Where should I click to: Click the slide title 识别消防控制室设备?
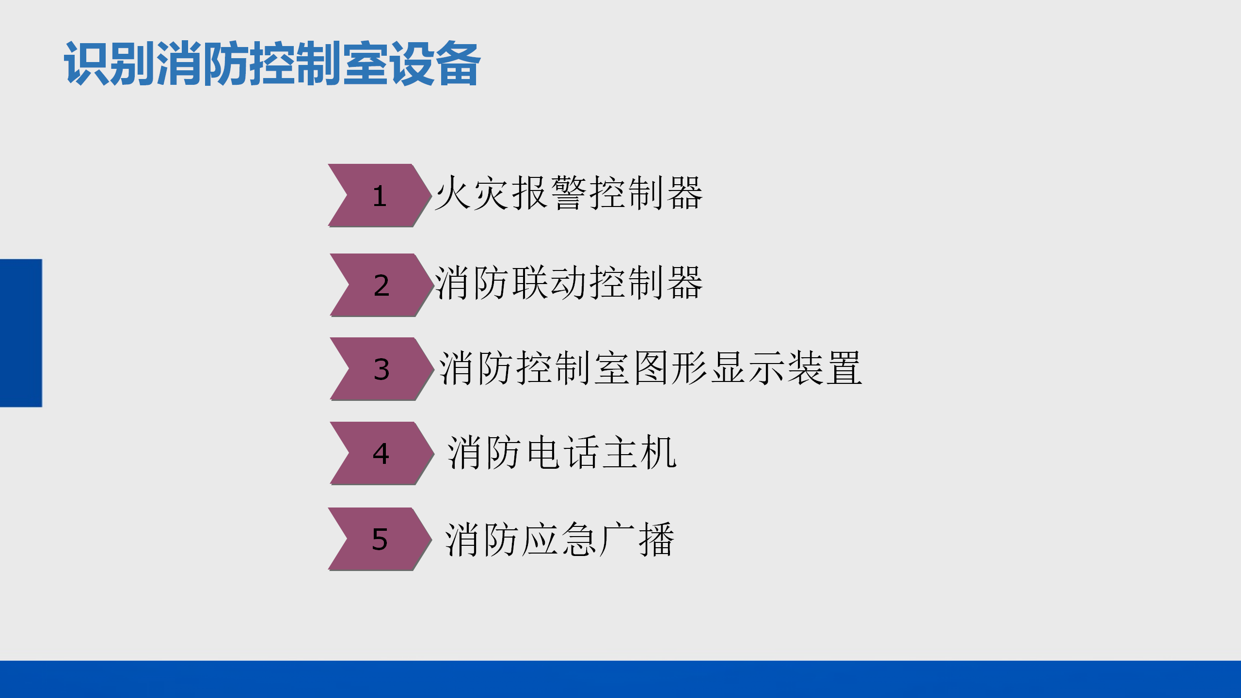[272, 64]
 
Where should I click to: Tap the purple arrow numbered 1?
[380, 195]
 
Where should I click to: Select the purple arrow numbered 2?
[382, 285]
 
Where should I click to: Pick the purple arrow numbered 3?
[382, 369]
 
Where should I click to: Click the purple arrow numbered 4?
[382, 453]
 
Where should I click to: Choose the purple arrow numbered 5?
[380, 539]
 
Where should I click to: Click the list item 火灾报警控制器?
[569, 193]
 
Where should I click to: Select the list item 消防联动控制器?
[569, 283]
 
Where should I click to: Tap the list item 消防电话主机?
[562, 452]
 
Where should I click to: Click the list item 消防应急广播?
[560, 539]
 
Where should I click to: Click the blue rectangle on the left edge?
[21, 333]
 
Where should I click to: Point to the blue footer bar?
[620, 679]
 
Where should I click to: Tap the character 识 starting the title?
[87, 64]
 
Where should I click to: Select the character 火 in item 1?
[453, 193]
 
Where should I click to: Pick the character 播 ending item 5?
[657, 539]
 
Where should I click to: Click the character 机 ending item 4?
[659, 452]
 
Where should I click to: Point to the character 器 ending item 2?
[685, 283]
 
